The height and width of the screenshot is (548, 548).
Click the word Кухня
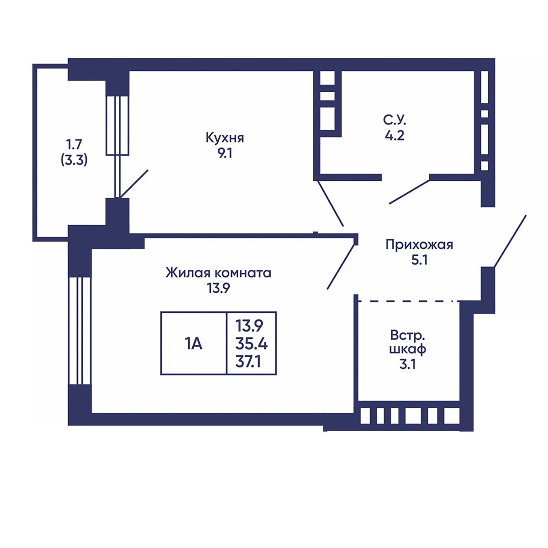tap(225, 138)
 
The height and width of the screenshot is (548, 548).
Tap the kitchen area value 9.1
tap(225, 153)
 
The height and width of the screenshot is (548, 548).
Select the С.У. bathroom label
tap(395, 121)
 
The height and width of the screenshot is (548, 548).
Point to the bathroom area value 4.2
tap(395, 136)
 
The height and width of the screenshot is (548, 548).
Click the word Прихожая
tap(420, 245)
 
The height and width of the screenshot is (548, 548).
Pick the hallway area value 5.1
tap(420, 260)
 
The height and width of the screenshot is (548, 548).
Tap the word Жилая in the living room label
tap(188, 273)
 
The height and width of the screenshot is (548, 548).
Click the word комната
tap(242, 274)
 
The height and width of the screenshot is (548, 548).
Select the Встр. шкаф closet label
tap(407, 342)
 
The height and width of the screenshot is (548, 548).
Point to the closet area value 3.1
tap(407, 364)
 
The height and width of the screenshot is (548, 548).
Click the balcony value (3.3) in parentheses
tap(74, 161)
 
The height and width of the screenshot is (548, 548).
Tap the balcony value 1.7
tap(74, 145)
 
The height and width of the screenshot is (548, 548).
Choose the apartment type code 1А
tap(193, 344)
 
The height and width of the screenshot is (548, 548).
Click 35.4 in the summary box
tap(251, 345)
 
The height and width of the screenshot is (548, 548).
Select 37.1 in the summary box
tap(248, 362)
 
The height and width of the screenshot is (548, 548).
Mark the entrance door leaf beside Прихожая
tap(510, 241)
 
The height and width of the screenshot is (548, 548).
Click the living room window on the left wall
tap(79, 331)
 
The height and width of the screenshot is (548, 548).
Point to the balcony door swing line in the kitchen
tap(134, 184)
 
